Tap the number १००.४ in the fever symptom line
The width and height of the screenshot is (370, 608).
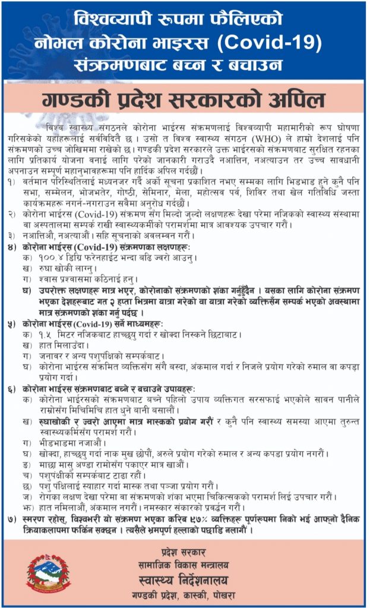54,259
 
